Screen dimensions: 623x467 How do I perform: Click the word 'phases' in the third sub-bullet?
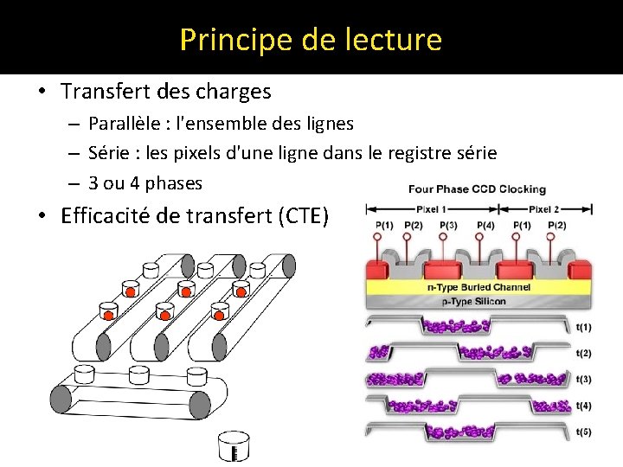pyautogui.click(x=174, y=183)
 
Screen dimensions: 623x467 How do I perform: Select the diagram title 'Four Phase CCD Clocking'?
pyautogui.click(x=477, y=189)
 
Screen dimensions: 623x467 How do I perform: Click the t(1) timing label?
pyautogui.click(x=583, y=327)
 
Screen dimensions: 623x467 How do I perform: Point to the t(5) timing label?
pyautogui.click(x=583, y=431)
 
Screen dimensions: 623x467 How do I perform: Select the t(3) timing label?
pyautogui.click(x=583, y=379)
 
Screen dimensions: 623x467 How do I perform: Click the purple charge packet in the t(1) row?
pyautogui.click(x=454, y=325)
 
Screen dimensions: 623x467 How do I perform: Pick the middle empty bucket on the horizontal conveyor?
pyautogui.click(x=138, y=374)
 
